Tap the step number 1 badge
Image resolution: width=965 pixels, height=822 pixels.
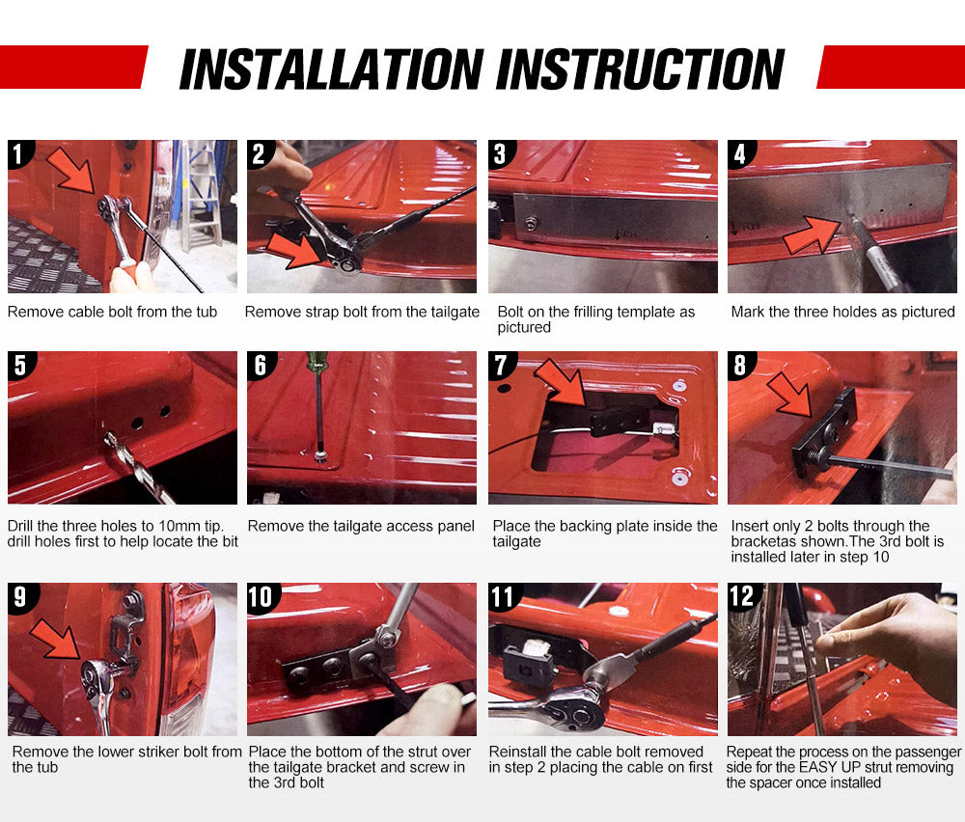[x=19, y=153]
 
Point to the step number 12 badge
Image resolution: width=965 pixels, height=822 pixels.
[x=742, y=596]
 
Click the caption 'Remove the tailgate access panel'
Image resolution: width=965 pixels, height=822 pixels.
[x=361, y=526]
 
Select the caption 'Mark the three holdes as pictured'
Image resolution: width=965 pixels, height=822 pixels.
[x=842, y=312]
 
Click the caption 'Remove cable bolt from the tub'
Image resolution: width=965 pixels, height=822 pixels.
[x=112, y=312]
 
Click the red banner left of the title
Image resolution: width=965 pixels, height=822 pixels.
[x=72, y=67]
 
